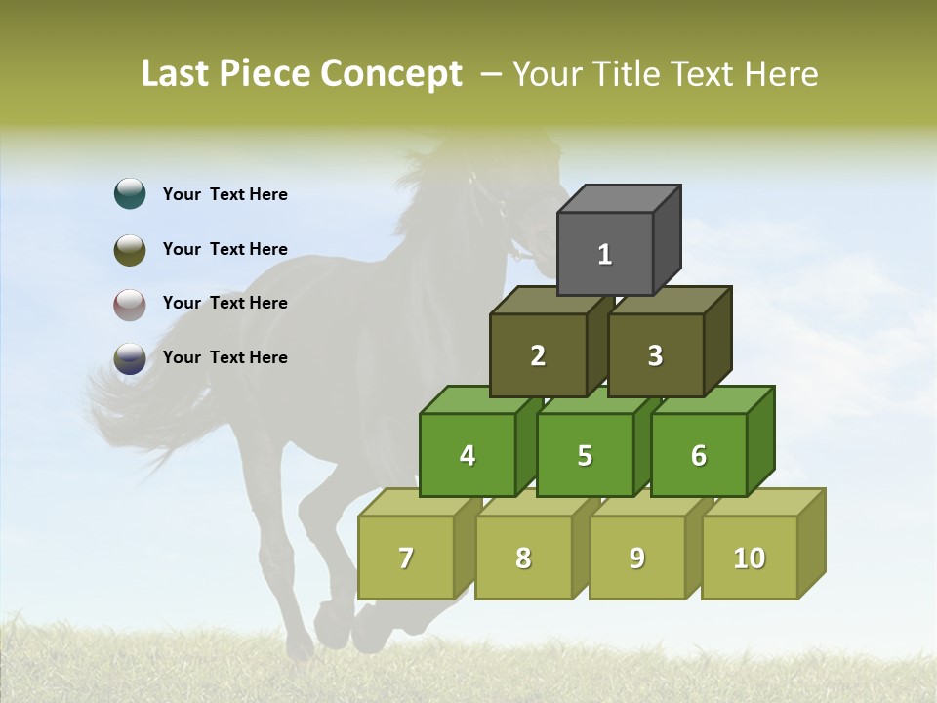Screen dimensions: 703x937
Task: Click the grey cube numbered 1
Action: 605,254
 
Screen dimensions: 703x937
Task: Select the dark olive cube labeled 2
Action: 538,355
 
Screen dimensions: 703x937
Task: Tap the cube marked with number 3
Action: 655,355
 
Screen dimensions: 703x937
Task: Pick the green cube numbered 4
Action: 468,455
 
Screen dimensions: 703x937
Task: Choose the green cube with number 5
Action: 585,455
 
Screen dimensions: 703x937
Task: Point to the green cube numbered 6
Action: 699,455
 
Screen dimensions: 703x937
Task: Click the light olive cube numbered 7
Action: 406,558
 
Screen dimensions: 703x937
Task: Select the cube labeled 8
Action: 523,558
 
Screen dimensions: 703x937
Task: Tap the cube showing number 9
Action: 637,558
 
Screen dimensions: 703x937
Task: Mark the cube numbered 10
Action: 750,558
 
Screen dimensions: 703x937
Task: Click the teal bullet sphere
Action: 130,193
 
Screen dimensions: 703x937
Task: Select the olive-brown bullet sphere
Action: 130,249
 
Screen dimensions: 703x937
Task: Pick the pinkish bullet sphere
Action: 130,304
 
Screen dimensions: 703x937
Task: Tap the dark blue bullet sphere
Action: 130,358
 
